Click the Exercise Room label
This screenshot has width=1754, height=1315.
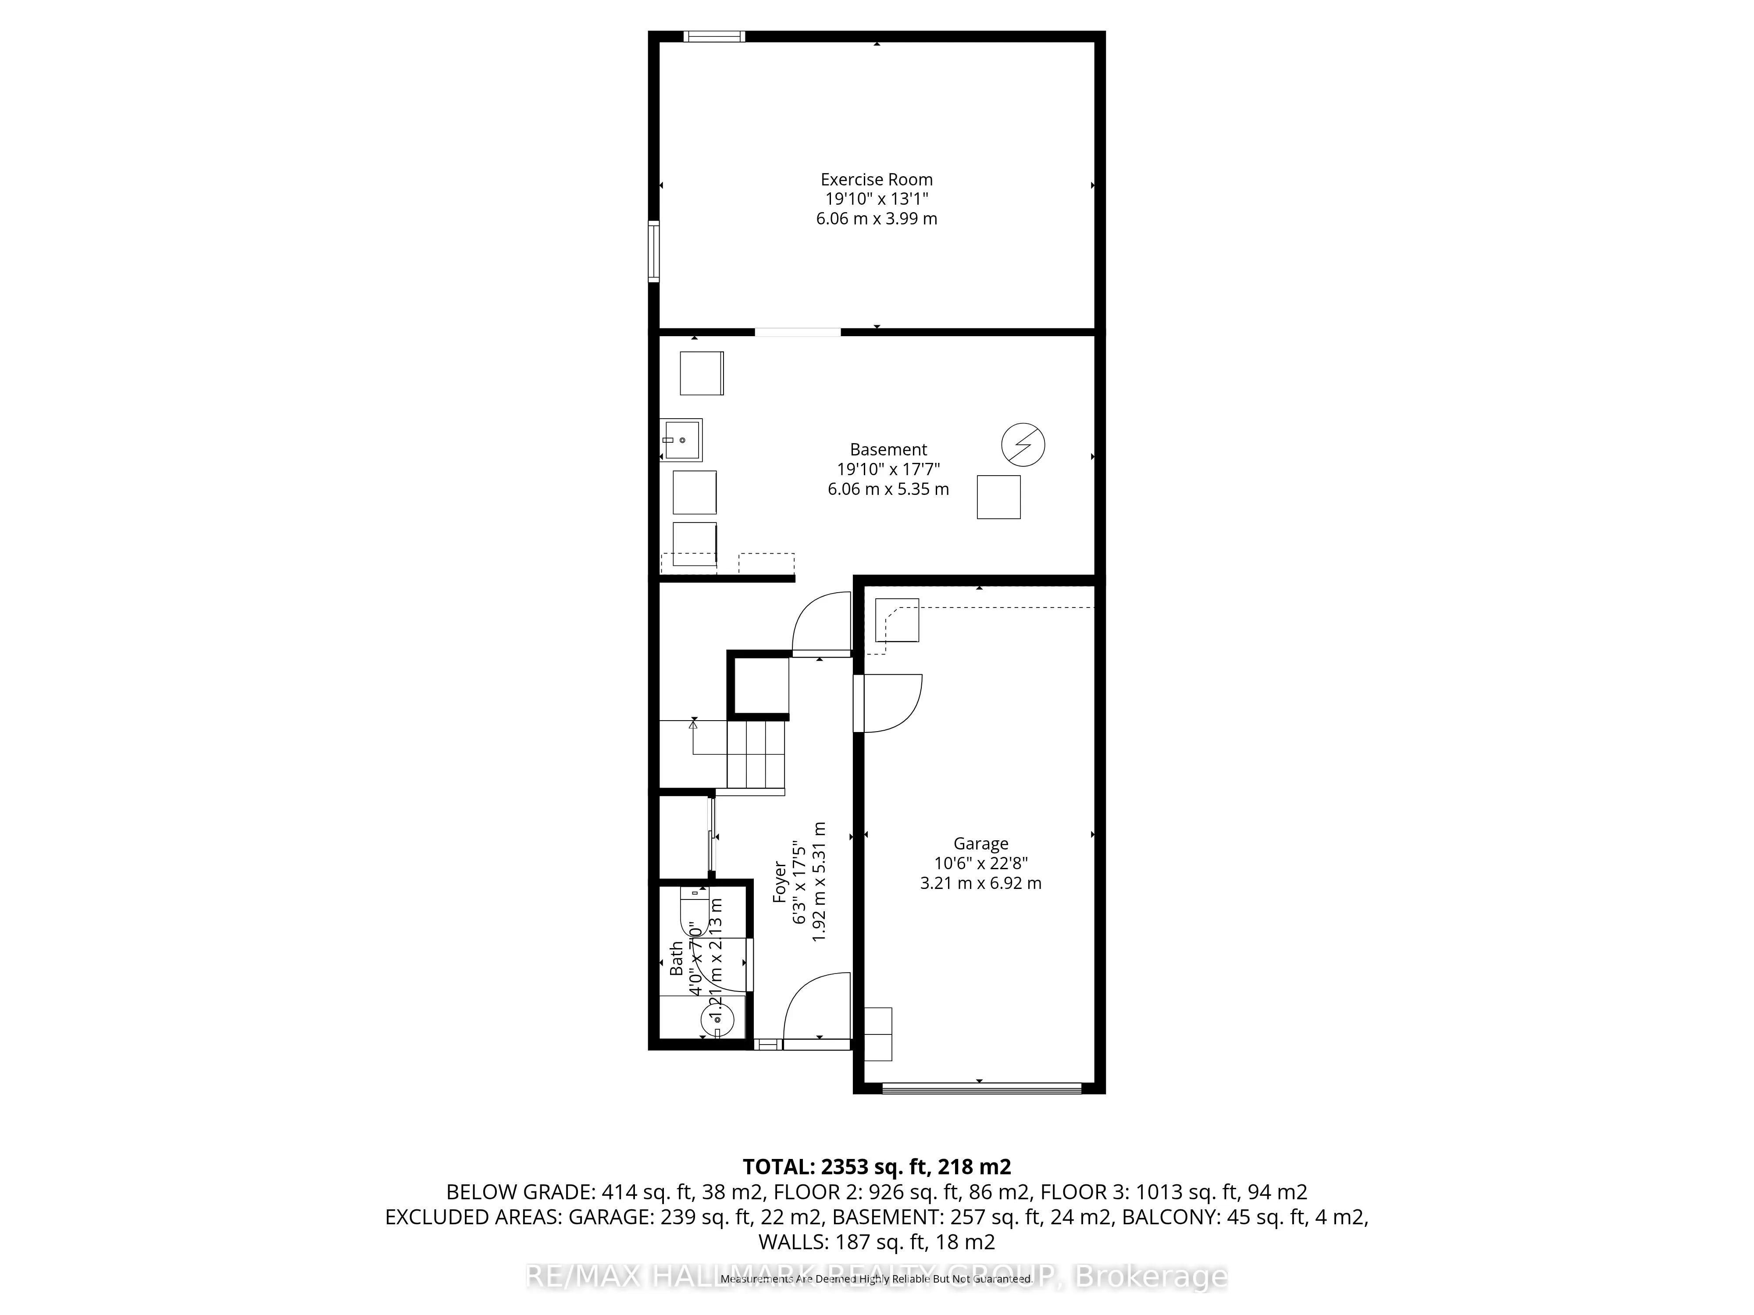pos(876,180)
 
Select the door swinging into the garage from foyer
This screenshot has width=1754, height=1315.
pos(888,703)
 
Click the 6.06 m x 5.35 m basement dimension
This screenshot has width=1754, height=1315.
pos(888,489)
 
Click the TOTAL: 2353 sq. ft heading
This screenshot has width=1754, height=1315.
pos(876,1167)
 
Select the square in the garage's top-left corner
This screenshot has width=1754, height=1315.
pos(897,620)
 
